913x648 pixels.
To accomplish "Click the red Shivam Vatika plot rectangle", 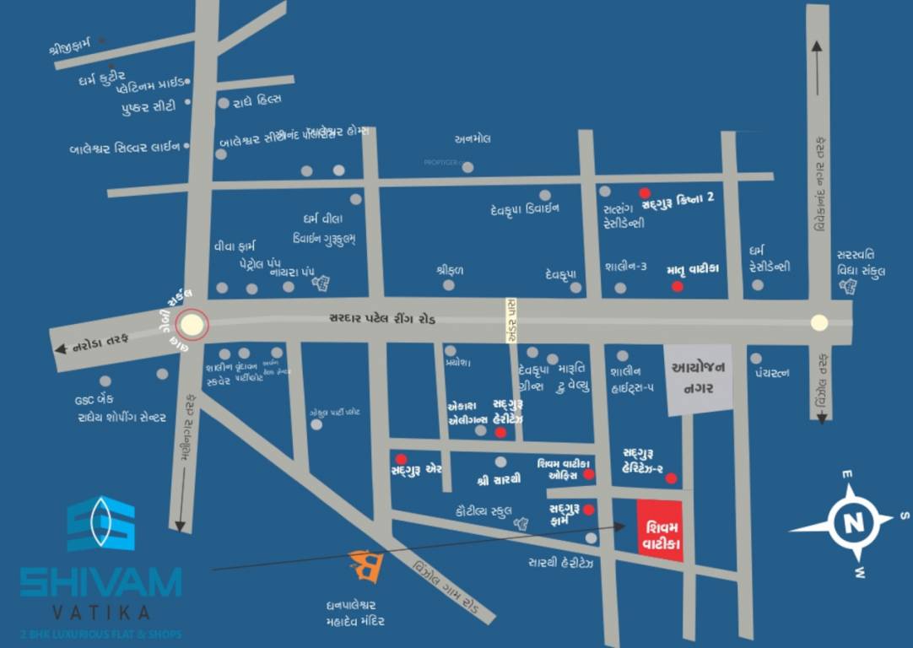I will (660, 526).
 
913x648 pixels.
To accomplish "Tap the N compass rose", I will (848, 523).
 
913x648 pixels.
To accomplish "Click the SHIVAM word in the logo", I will (100, 582).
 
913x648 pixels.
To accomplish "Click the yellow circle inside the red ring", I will (194, 324).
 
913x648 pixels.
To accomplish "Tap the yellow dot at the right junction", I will (818, 321).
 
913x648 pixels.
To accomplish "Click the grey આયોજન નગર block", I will (698, 380).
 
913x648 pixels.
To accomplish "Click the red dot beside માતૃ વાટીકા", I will (677, 287).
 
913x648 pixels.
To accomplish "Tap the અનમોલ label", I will (473, 138).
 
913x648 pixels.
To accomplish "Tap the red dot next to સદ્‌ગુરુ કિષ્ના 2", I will (645, 192).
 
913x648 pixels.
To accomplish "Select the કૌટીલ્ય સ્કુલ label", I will (478, 510).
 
